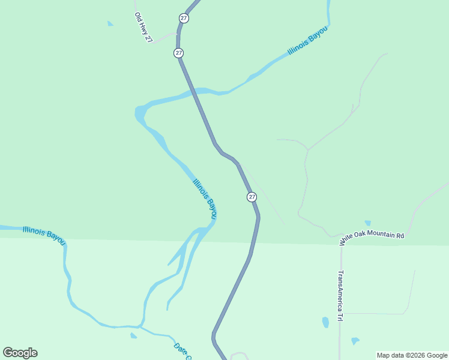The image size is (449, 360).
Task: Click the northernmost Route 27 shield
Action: [184, 18]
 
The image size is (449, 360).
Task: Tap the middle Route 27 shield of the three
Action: [179, 53]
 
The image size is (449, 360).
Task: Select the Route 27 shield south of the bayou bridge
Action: [252, 197]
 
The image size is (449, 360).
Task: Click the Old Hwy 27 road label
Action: [142, 28]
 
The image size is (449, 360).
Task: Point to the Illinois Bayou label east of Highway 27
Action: [308, 40]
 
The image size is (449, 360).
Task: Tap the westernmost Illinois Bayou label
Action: [43, 234]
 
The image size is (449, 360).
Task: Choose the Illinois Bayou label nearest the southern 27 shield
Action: [205, 198]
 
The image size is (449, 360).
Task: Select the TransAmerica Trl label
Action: [340, 295]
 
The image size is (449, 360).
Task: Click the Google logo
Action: [20, 353]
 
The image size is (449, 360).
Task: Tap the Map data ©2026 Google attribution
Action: [412, 355]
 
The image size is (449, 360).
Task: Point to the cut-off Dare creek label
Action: [182, 352]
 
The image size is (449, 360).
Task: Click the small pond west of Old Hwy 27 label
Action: [110, 23]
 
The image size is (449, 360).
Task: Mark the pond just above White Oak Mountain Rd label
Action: [367, 223]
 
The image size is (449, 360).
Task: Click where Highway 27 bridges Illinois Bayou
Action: [196, 92]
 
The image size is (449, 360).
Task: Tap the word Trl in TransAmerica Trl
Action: [340, 316]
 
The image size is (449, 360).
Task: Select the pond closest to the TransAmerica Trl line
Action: [325, 322]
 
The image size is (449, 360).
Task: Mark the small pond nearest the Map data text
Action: [355, 341]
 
